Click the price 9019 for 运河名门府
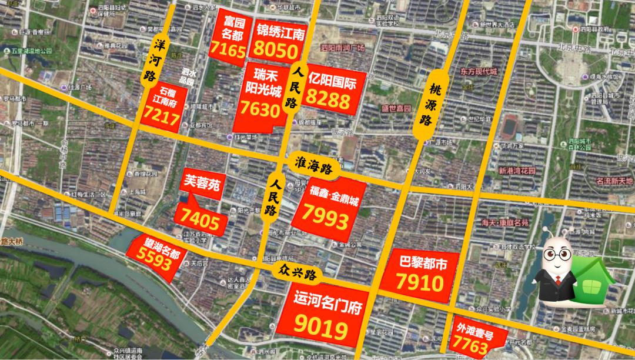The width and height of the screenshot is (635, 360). [x=321, y=329]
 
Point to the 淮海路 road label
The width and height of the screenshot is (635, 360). [x=312, y=164]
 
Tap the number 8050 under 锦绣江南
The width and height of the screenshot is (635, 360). [x=277, y=51]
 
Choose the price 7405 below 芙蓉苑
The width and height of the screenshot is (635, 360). [x=203, y=222]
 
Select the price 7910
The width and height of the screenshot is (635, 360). [x=419, y=285]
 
